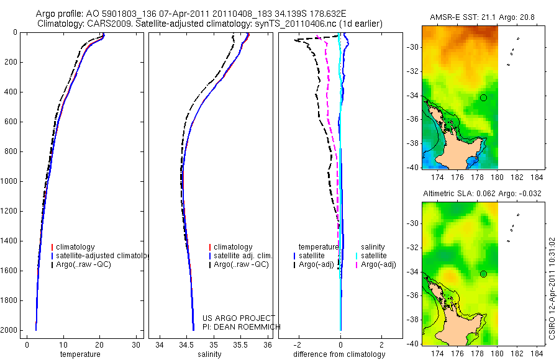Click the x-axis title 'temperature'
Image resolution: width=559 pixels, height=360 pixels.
coord(80,354)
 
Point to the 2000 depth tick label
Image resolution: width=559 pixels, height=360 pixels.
coord(10,330)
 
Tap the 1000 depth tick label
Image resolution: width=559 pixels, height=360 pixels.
coord(10,181)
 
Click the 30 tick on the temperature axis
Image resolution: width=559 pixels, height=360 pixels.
coord(136,344)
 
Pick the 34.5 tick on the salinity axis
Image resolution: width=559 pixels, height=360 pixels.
coord(187,344)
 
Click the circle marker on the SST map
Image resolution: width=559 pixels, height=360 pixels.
coord(484,97)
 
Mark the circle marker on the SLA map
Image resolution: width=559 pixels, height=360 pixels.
coord(484,274)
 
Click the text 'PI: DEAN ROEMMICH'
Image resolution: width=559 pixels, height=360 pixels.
coord(242,326)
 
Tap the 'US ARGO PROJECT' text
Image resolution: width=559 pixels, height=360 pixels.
coord(239,318)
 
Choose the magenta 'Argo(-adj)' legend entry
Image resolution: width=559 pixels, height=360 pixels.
coord(375,265)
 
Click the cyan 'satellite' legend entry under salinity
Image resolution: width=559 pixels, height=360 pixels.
coord(372,256)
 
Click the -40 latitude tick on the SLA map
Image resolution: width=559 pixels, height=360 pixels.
coord(412,343)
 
